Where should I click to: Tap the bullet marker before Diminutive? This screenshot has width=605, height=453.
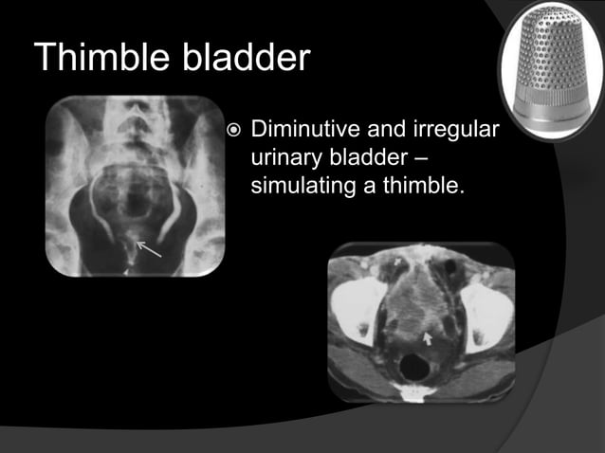click(x=235, y=129)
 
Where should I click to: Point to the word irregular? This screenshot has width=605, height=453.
click(x=460, y=129)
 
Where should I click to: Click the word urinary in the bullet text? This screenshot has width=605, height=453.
click(x=285, y=156)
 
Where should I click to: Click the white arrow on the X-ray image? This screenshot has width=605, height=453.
click(x=149, y=250)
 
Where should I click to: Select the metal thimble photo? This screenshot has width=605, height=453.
click(x=549, y=71)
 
